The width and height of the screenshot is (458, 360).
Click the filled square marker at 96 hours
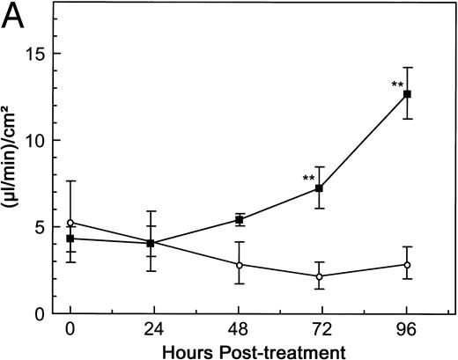click(x=407, y=93)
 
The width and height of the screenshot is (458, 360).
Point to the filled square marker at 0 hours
click(x=70, y=239)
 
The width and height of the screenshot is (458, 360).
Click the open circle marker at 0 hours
click(x=70, y=223)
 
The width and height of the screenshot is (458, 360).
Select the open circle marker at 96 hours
click(x=407, y=264)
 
